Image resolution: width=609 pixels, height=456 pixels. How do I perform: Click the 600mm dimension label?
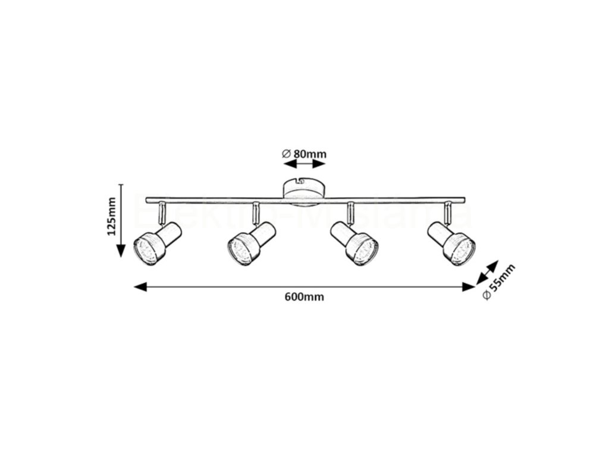(304, 297)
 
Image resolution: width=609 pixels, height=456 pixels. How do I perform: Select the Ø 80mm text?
(304, 154)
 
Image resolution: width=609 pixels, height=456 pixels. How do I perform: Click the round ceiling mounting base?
(303, 189)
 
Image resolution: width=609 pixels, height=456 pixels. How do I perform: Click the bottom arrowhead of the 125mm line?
(121, 250)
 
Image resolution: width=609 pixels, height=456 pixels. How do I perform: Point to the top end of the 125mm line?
(121, 185)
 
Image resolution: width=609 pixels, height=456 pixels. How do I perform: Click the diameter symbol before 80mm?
(286, 154)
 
